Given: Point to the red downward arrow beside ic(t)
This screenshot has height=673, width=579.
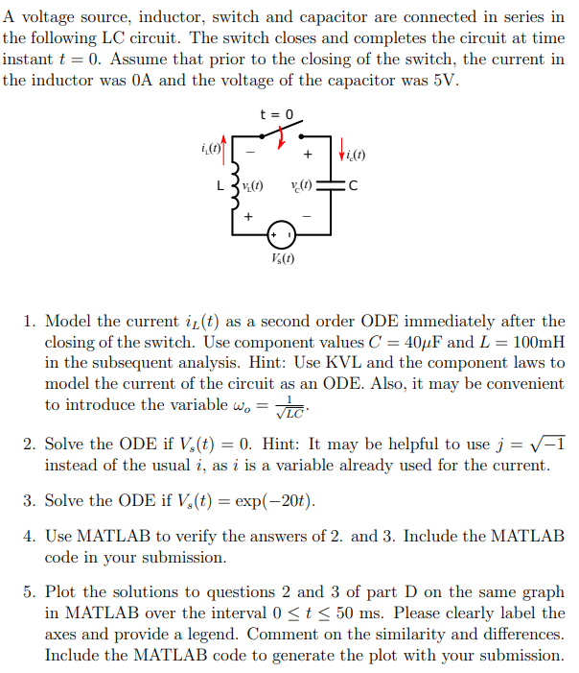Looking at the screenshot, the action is pyautogui.click(x=343, y=153).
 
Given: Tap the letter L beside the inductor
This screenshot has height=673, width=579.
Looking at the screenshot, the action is pyautogui.click(x=220, y=186).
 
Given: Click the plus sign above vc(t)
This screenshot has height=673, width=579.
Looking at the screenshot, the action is pyautogui.click(x=307, y=154).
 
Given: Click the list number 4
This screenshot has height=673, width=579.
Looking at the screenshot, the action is pyautogui.click(x=30, y=536).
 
